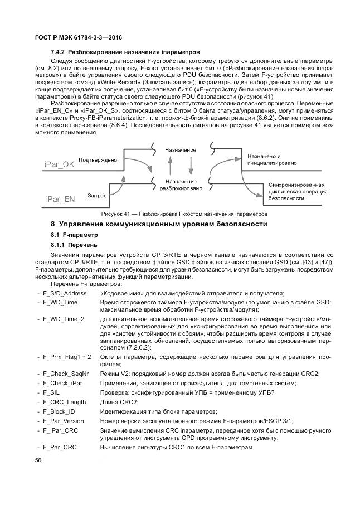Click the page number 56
(x=38, y=460)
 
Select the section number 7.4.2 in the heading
(x=59, y=52)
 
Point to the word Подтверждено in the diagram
(x=98, y=160)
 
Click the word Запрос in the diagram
(x=97, y=195)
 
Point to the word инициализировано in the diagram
(x=271, y=163)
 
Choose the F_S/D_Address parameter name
(x=64, y=293)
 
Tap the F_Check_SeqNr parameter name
(x=65, y=374)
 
